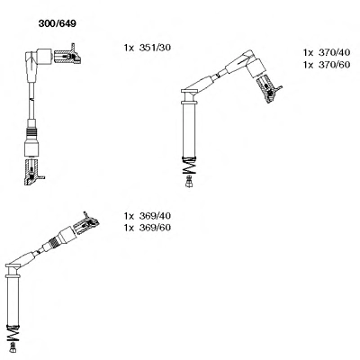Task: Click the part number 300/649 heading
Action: pyautogui.click(x=58, y=23)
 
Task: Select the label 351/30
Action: pyautogui.click(x=155, y=48)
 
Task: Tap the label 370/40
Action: pyautogui.click(x=334, y=52)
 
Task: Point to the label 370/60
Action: pyautogui.click(x=334, y=65)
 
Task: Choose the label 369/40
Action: pyautogui.click(x=155, y=216)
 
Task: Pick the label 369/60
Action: pyautogui.click(x=155, y=228)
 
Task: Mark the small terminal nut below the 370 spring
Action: pyautogui.click(x=189, y=182)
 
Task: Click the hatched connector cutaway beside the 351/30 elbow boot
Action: pyautogui.click(x=67, y=55)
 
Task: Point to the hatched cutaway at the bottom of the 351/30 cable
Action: pyautogui.click(x=33, y=172)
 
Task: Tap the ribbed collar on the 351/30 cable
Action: pyautogui.click(x=31, y=132)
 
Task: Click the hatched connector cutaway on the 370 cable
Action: pyautogui.click(x=269, y=88)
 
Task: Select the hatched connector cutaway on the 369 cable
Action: pyautogui.click(x=86, y=223)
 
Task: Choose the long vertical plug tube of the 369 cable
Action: pyautogui.click(x=13, y=299)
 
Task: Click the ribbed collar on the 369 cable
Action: pyautogui.click(x=54, y=240)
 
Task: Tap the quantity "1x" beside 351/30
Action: pyautogui.click(x=130, y=48)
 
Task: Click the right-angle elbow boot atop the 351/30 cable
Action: pyautogui.click(x=35, y=60)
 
